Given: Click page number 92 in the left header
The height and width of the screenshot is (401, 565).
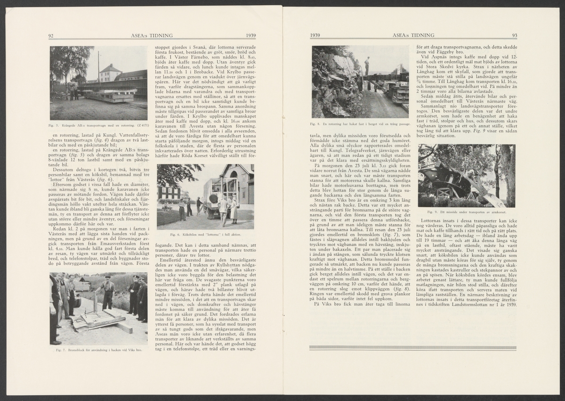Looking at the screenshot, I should tap(52, 36).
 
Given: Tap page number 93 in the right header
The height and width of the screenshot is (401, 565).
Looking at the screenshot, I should tap(515, 36).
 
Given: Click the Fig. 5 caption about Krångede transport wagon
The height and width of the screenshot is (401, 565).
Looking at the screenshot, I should tap(98, 126).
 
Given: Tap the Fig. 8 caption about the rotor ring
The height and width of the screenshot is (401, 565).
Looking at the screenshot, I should tap(360, 124).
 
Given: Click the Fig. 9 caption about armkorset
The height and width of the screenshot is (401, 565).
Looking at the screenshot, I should tap(466, 212).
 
